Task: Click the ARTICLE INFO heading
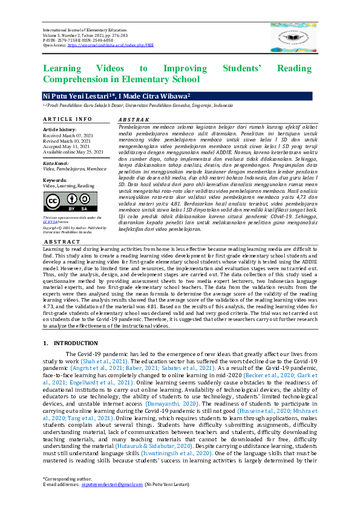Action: click(x=67, y=119)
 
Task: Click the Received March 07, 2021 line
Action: click(x=68, y=135)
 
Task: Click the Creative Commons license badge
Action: click(x=70, y=202)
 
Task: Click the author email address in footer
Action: click(x=111, y=502)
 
